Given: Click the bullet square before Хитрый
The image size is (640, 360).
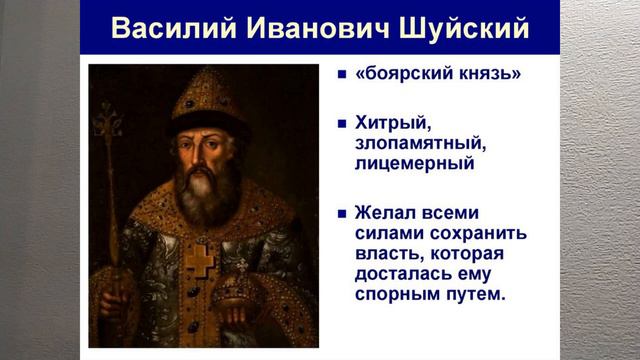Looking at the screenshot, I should (341, 124).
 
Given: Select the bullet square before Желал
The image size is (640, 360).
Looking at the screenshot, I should (341, 213).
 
